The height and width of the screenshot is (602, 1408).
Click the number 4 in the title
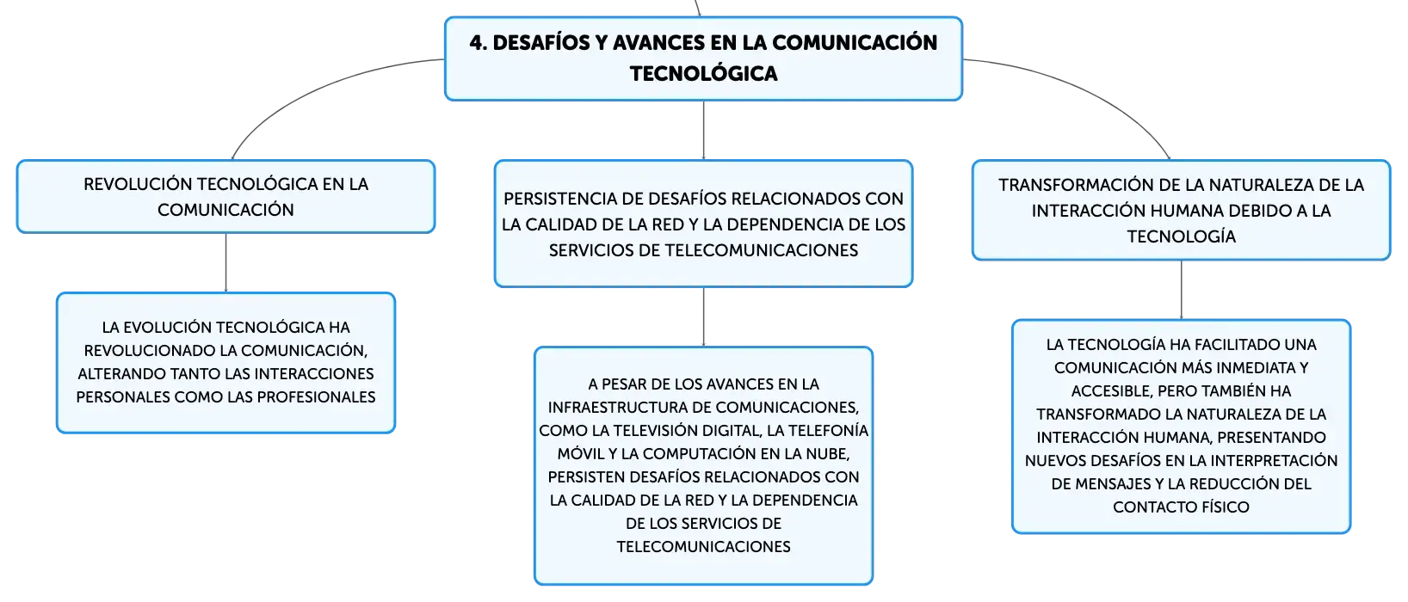[x=477, y=43]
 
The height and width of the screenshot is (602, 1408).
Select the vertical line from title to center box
[x=703, y=130]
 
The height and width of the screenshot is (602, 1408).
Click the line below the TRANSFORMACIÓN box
[x=1181, y=290]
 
